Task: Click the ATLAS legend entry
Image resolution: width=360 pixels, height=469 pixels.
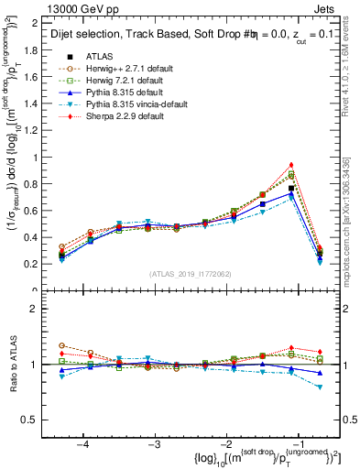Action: pos(99,56)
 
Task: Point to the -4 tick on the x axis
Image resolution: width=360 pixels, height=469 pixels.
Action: pos(83,442)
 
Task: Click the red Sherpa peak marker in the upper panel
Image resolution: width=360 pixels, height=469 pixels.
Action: pos(291,165)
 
